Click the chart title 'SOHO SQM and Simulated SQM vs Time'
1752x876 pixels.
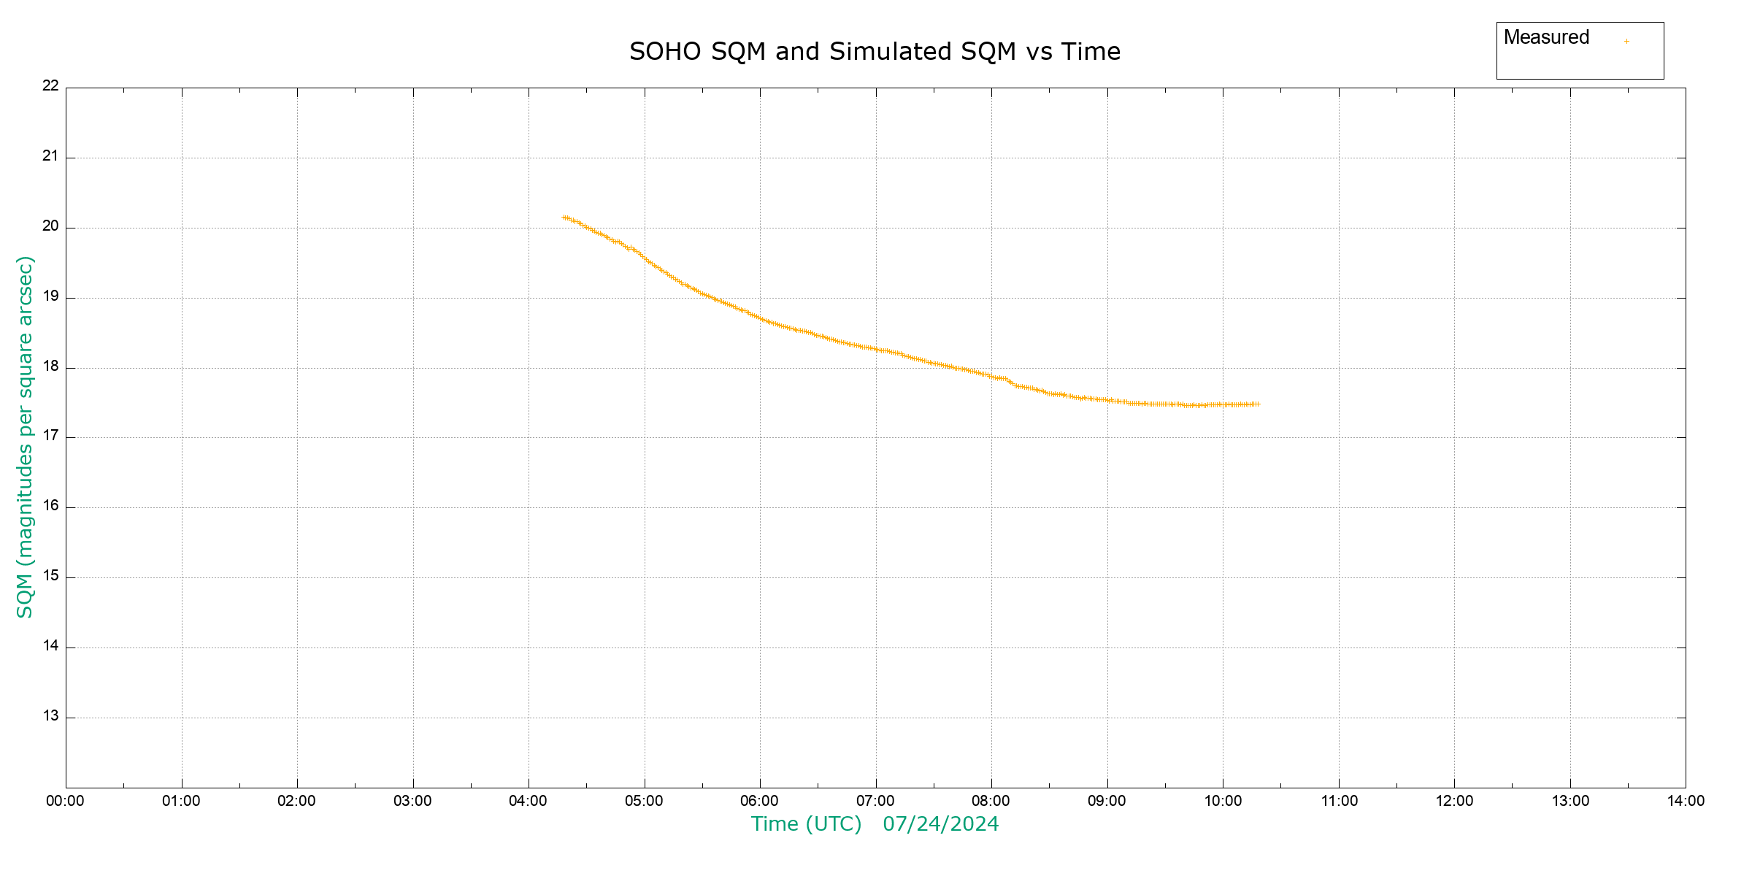(x=875, y=52)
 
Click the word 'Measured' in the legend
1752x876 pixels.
(x=1546, y=37)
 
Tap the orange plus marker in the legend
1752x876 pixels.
(x=1626, y=41)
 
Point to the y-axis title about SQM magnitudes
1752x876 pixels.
(x=25, y=437)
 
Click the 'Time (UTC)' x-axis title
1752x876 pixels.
(x=806, y=824)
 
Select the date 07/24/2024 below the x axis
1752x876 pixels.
(x=940, y=824)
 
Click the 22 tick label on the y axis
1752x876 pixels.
(x=50, y=85)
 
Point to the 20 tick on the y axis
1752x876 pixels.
(x=50, y=226)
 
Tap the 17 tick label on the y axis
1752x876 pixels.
(x=50, y=436)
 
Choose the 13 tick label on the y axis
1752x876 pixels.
(x=50, y=715)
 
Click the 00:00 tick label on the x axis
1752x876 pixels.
(x=65, y=801)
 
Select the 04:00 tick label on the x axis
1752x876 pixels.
(x=528, y=801)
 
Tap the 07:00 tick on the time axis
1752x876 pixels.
(x=875, y=801)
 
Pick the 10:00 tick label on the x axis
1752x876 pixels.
(x=1223, y=801)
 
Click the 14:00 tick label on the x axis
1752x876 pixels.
(x=1686, y=801)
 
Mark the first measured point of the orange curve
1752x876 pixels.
(x=564, y=217)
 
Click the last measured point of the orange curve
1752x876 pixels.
(x=1257, y=404)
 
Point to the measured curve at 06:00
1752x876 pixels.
(x=760, y=318)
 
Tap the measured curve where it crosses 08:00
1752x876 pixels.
(x=991, y=377)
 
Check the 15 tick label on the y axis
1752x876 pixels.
(x=50, y=575)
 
